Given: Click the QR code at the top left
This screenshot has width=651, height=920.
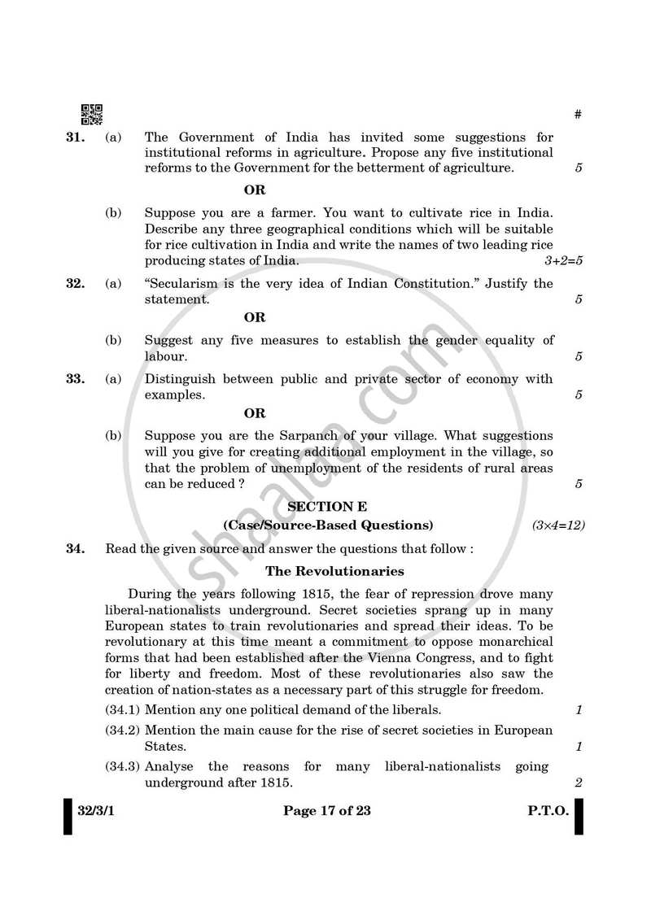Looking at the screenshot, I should coord(92,115).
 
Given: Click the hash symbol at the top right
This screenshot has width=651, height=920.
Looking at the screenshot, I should coord(578,115).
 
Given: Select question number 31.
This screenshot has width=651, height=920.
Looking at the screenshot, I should coord(75,137).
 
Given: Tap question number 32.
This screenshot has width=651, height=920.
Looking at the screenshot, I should coord(75,283).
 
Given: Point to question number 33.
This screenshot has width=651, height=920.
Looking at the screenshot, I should coord(75,378).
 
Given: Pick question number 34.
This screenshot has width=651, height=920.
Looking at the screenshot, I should coord(75,548).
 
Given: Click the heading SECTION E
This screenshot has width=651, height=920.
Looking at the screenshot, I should coord(328,506).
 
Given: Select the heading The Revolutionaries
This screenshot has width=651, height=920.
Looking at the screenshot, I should coord(334,571).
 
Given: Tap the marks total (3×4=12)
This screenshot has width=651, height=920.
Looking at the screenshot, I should coord(558,525).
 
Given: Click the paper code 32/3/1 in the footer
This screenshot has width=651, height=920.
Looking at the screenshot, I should coord(97,810).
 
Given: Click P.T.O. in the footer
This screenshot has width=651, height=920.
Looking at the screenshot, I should coord(547,810).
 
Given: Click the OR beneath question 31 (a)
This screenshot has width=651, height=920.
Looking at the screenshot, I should coord(255,190).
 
